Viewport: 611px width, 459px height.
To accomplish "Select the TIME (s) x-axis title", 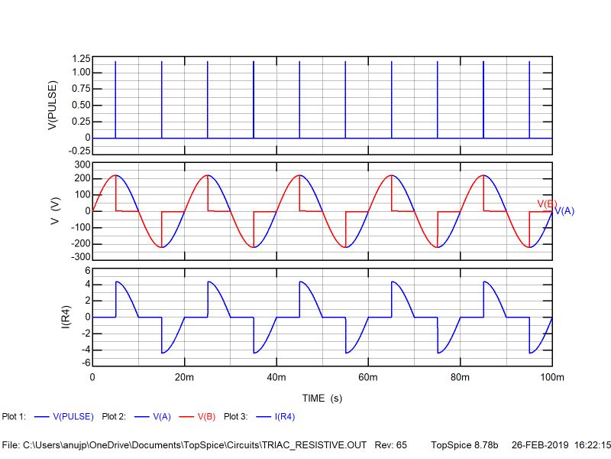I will (322, 399).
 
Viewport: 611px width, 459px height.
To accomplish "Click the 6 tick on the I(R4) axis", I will (87, 270).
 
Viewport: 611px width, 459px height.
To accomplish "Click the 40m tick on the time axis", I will (276, 378).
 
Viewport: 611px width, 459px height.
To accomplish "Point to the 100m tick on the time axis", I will (551, 378).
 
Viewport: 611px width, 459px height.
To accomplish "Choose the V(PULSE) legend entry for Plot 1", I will (73, 417).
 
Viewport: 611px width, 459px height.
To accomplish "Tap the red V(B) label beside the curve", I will (546, 203).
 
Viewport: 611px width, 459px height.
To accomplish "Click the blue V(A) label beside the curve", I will (564, 210).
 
